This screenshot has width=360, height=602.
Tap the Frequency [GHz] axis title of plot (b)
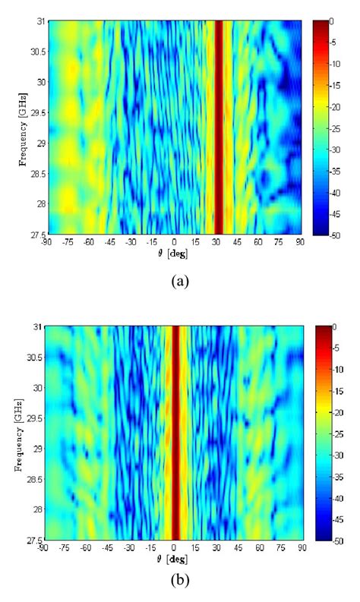(16, 432)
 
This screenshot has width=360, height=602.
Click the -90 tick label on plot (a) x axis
(48, 241)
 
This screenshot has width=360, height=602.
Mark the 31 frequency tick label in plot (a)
(39, 20)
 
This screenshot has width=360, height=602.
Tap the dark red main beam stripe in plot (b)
(175, 433)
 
